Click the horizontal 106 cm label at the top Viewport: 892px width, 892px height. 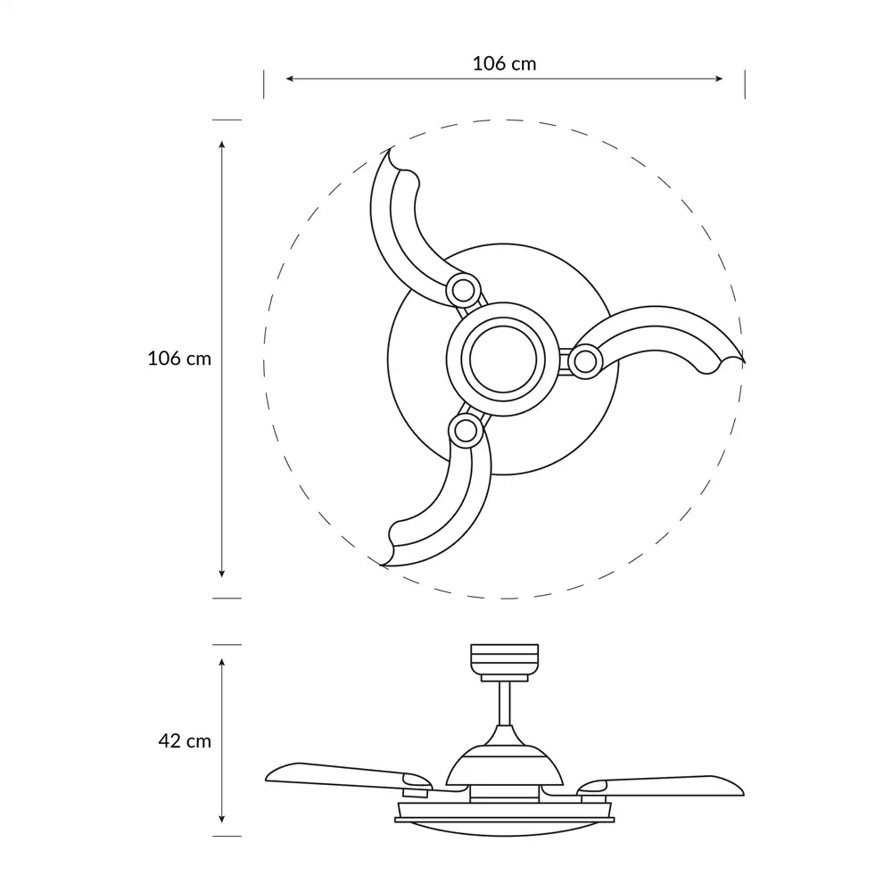point(504,63)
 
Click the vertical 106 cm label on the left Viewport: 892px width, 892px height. point(179,359)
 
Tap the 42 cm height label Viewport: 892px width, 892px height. point(184,740)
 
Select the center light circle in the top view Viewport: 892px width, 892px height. point(503,359)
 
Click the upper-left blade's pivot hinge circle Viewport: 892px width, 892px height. point(461,289)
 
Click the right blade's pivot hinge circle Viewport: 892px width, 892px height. point(584,361)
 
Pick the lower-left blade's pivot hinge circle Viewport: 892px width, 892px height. point(464,430)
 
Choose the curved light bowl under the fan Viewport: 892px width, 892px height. point(506,828)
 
